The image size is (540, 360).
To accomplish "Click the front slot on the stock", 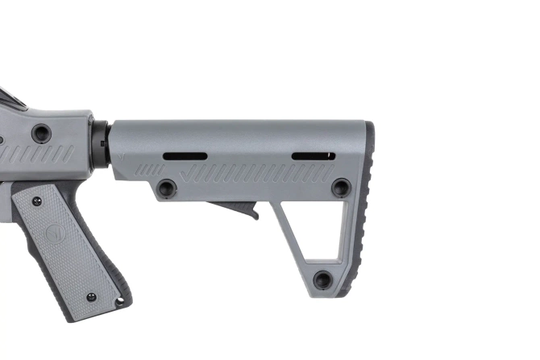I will tap(185, 156).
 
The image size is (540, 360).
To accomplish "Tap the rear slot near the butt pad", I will tap(314, 156).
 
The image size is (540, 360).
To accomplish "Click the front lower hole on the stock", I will tap(167, 188).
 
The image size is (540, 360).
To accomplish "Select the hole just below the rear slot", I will tap(341, 188).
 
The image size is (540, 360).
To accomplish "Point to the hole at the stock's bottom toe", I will tap(322, 279).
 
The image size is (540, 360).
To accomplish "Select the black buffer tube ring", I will tap(99, 145).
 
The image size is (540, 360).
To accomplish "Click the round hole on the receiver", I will tap(41, 134).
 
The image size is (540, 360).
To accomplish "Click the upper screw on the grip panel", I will tap(37, 201).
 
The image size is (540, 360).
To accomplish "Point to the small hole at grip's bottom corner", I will tap(120, 302).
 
